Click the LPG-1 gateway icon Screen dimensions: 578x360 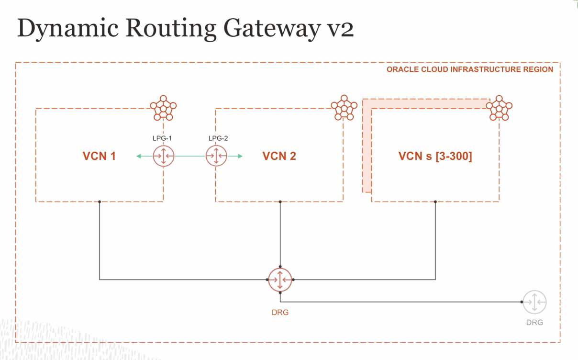[x=164, y=156]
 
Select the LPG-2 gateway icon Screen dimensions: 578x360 [x=216, y=156]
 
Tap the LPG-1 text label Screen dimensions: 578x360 [x=162, y=138]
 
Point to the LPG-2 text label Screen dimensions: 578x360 [x=218, y=138]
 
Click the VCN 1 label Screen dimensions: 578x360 [x=99, y=156]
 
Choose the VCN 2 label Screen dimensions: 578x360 [x=279, y=156]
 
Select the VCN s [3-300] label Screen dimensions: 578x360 [x=435, y=156]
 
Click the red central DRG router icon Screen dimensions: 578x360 [x=280, y=280]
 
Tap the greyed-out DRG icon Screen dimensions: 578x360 [x=534, y=302]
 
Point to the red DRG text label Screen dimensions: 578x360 [x=280, y=313]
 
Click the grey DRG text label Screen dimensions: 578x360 [x=534, y=323]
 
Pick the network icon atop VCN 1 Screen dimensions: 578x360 [x=163, y=108]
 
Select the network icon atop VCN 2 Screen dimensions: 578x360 [x=344, y=108]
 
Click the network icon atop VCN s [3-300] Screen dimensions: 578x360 [x=499, y=108]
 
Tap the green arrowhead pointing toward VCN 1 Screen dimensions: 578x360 [x=139, y=156]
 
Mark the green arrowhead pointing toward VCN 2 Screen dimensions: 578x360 [x=240, y=156]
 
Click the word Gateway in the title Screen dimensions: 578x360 [x=271, y=28]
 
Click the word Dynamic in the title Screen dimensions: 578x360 [x=68, y=28]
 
